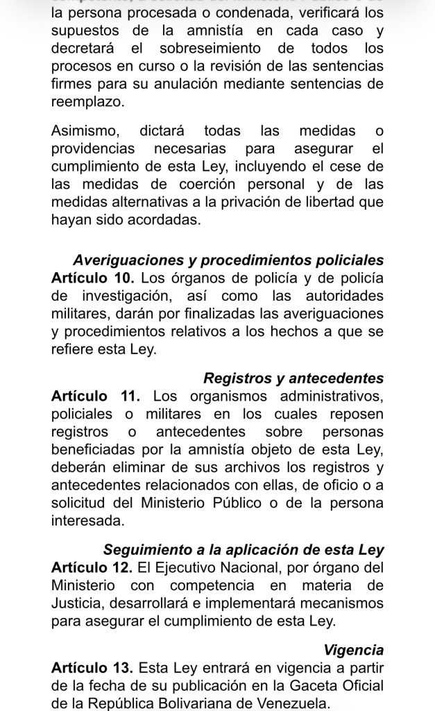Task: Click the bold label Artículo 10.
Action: [x=92, y=278]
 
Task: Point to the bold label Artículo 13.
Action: [x=92, y=669]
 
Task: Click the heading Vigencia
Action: [x=354, y=651]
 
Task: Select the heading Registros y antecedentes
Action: [x=293, y=378]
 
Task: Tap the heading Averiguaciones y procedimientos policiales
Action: [x=228, y=260]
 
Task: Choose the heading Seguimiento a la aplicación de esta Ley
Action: [x=244, y=550]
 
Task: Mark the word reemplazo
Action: [x=88, y=101]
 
